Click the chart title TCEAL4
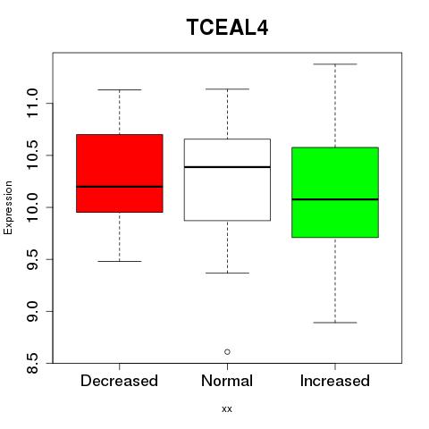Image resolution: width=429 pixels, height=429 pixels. point(227,27)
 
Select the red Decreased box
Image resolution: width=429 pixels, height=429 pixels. point(120,173)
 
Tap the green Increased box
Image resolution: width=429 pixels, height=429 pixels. point(335,192)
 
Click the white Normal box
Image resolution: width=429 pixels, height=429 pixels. point(227,180)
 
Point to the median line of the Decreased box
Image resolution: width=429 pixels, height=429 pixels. point(120,187)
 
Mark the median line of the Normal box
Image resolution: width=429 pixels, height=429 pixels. point(227,167)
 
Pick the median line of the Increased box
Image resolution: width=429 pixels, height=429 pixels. point(335,199)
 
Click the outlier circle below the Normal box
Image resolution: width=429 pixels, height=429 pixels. point(227,352)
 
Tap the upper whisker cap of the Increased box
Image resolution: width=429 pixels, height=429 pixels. point(335,64)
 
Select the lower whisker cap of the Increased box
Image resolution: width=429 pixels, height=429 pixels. point(335,323)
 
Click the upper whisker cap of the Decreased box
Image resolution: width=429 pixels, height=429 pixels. point(120,89)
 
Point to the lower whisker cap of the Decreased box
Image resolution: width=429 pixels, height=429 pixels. point(120,261)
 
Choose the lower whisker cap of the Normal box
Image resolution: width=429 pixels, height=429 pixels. point(227,273)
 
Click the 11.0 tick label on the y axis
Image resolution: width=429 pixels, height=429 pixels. point(32,103)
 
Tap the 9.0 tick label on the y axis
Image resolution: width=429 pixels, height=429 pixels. point(32,311)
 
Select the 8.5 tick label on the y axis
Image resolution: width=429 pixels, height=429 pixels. point(32,363)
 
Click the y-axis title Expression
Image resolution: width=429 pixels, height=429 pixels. point(8,207)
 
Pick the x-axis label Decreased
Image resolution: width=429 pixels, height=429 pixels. point(119,381)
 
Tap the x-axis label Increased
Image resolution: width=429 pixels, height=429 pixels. point(335,381)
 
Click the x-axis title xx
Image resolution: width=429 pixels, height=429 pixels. point(227,408)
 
